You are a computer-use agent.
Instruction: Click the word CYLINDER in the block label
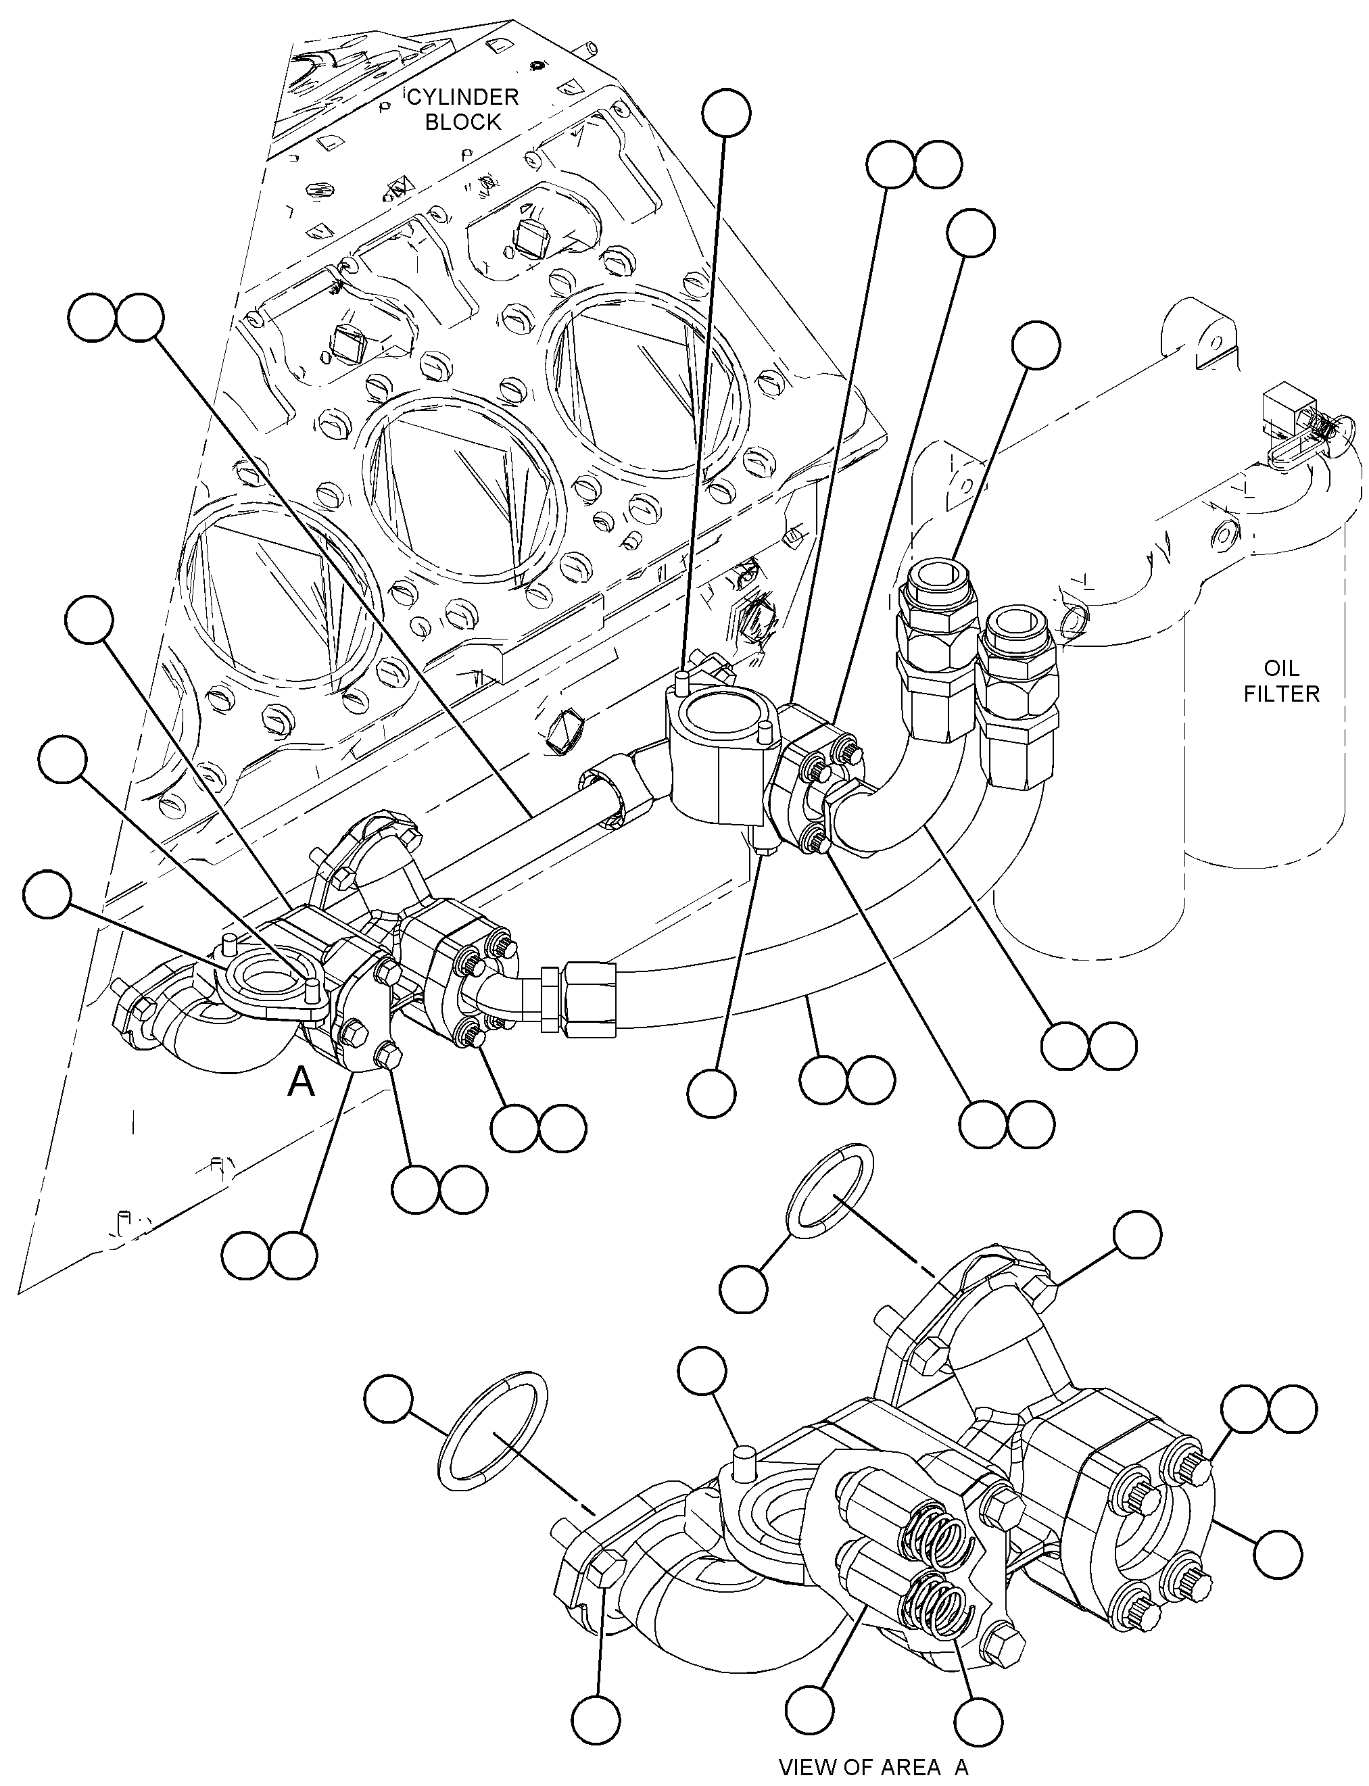pos(463,98)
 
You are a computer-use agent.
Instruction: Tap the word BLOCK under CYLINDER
pos(463,122)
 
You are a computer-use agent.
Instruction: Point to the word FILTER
pos(1282,694)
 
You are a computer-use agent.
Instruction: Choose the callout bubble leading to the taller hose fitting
pos(1036,345)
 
